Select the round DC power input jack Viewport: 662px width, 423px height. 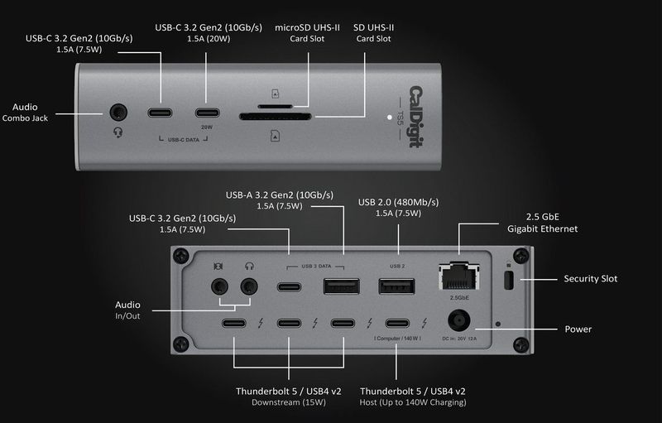click(x=460, y=323)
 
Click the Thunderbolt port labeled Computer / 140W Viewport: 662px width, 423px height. click(x=397, y=323)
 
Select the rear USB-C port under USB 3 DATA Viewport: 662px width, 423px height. click(x=289, y=287)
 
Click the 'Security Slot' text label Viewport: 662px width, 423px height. click(x=590, y=279)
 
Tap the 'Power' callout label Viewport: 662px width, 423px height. click(x=578, y=329)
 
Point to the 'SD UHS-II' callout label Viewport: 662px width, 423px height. click(x=372, y=26)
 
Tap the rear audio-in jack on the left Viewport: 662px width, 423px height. click(x=218, y=286)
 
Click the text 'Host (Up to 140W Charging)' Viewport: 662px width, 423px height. click(x=413, y=402)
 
